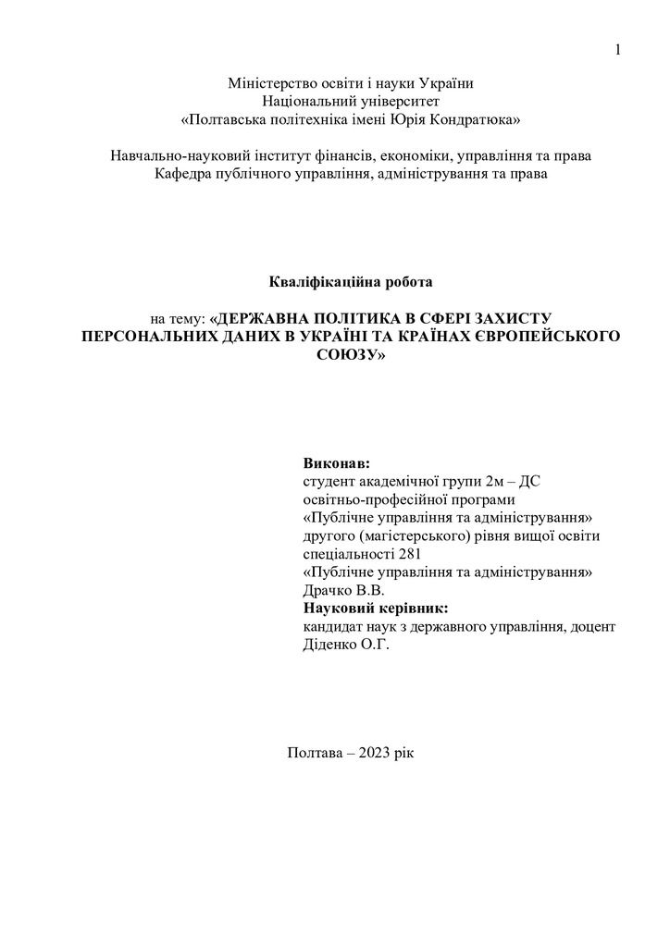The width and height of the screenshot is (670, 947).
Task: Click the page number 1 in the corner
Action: pyautogui.click(x=619, y=49)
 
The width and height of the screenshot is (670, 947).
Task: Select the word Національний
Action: pyautogui.click(x=305, y=101)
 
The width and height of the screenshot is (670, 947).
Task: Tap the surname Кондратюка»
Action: pyautogui.click(x=477, y=119)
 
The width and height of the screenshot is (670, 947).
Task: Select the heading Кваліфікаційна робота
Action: pyautogui.click(x=351, y=279)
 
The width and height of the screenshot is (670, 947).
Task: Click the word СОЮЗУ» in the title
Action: pyautogui.click(x=352, y=353)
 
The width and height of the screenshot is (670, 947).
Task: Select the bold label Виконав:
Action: pyautogui.click(x=335, y=462)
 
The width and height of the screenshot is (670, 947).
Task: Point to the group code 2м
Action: pyautogui.click(x=495, y=481)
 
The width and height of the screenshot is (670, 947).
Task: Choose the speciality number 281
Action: pyautogui.click(x=409, y=554)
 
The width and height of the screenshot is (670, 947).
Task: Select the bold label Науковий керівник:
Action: pyautogui.click(x=375, y=609)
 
